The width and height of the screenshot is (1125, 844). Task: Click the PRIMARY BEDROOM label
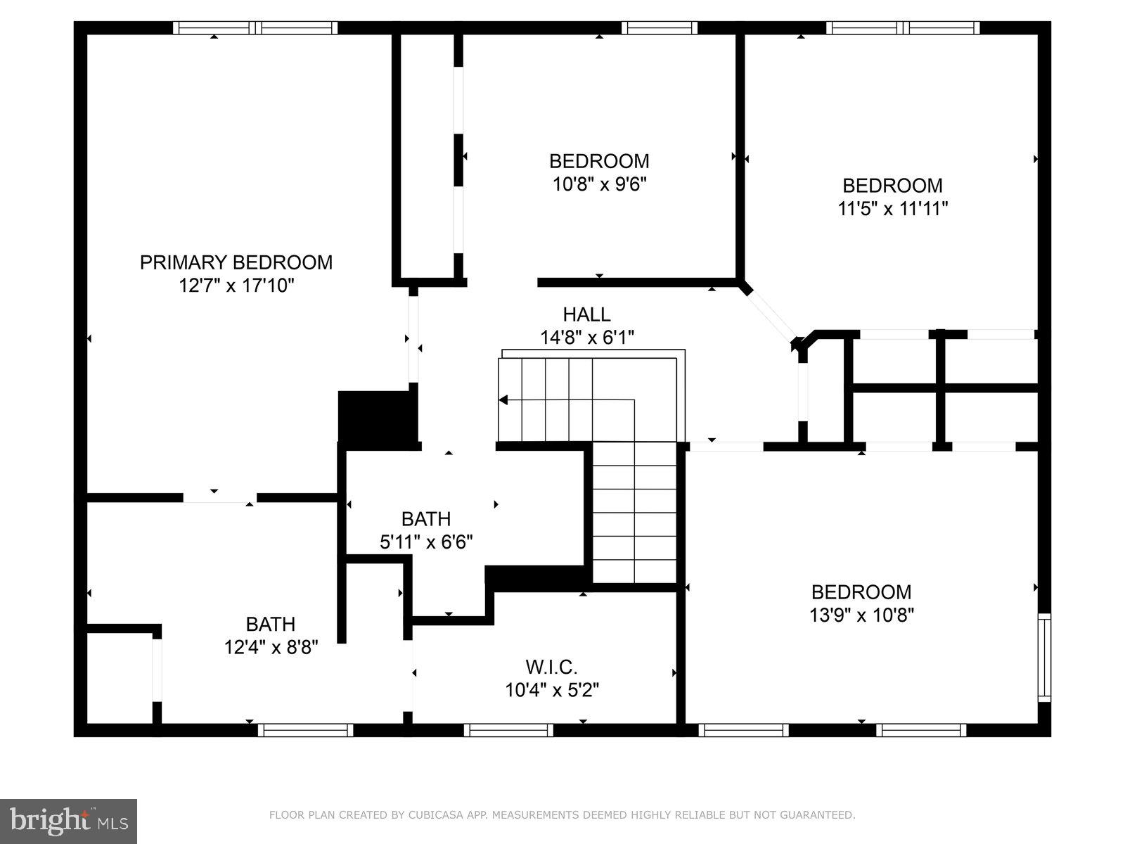pos(236,262)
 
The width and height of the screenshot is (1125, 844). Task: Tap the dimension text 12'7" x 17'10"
pos(236,286)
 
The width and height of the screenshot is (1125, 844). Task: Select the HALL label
pos(586,314)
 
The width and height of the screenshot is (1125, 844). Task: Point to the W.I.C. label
pos(551,666)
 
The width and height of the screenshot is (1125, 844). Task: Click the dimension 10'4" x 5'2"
pos(551,690)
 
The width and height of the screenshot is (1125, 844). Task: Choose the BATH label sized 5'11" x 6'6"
pos(425,519)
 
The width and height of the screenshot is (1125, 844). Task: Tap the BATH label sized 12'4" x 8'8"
pos(270,624)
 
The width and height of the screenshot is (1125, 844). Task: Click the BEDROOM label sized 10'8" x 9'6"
pos(599,161)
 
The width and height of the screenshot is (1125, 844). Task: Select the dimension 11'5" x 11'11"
pos(892,209)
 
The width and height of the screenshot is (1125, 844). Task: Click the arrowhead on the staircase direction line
pos(503,400)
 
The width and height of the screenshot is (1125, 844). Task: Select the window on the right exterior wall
pos(1045,657)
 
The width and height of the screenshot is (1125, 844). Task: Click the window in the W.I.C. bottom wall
pos(508,730)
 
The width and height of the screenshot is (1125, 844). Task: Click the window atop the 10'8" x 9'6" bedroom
pos(659,28)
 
